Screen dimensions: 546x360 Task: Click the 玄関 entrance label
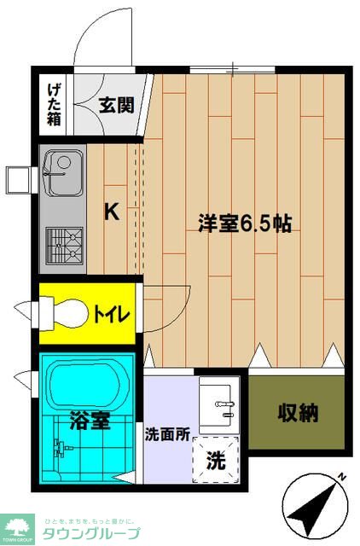[x=115, y=106]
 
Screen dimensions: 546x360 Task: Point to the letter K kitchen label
[x=112, y=212]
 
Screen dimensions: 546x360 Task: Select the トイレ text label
[x=111, y=315]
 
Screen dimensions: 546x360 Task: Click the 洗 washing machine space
[x=217, y=461]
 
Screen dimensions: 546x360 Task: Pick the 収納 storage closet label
[x=297, y=414]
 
